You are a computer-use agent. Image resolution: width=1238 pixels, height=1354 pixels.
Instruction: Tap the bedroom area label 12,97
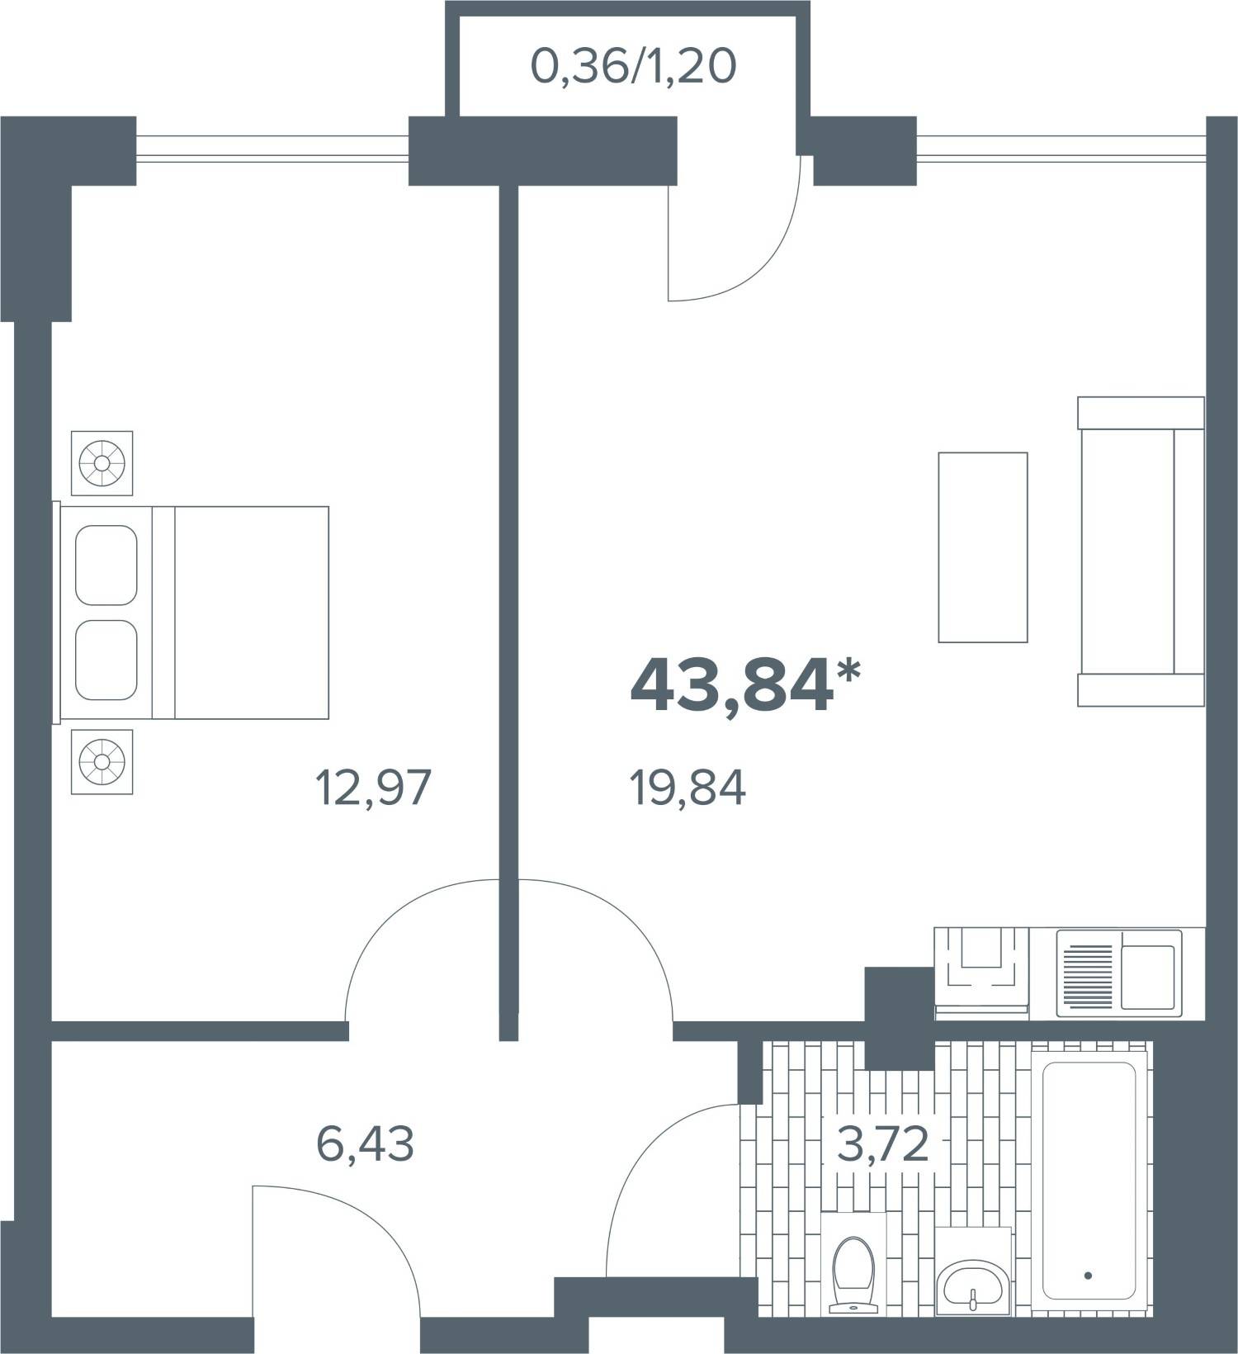point(373,788)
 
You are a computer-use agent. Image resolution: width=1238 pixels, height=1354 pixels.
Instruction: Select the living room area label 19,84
point(688,788)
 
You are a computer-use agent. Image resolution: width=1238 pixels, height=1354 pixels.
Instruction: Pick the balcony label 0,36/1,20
point(633,67)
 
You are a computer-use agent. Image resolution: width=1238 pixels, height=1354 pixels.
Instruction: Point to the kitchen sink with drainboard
point(1119,972)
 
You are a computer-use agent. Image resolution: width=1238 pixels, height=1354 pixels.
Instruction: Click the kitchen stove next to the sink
point(982,972)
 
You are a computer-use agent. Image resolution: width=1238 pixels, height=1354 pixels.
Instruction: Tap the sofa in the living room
point(1141,552)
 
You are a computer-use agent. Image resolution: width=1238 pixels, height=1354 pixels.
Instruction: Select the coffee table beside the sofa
point(983,547)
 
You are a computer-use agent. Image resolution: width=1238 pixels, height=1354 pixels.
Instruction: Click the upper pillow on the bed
point(106,565)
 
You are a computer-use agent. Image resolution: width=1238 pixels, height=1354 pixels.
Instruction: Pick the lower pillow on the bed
point(106,660)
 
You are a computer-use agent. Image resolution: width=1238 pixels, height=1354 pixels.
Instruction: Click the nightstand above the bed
point(102,463)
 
